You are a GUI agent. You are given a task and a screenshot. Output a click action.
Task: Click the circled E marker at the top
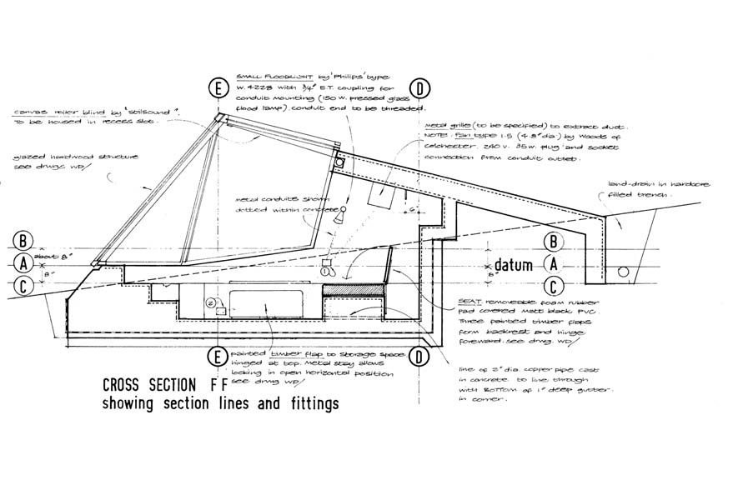pyautogui.click(x=219, y=88)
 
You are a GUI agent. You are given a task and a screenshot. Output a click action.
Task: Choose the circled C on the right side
pyautogui.click(x=551, y=285)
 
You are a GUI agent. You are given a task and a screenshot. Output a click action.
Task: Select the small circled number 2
pyautogui.click(x=212, y=302)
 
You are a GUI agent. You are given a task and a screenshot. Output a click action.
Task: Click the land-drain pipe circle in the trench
pyautogui.click(x=623, y=272)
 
